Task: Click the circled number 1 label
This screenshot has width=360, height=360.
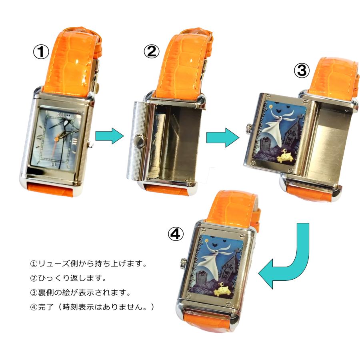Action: (41, 52)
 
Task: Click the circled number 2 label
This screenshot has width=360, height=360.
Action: (152, 51)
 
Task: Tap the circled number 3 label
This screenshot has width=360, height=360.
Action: (302, 70)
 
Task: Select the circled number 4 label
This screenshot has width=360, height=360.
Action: (176, 234)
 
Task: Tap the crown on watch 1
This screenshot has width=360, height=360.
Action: (90, 144)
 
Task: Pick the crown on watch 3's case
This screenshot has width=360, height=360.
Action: (249, 129)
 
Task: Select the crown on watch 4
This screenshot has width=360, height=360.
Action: (184, 263)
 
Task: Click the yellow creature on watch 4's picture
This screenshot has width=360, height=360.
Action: (222, 290)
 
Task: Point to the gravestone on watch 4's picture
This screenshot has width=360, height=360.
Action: (202, 279)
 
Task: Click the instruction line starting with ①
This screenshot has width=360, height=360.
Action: (89, 264)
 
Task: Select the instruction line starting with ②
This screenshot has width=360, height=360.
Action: (68, 278)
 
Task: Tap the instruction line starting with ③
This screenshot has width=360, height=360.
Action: (80, 292)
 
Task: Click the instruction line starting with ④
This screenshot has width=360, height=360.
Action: (92, 307)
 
